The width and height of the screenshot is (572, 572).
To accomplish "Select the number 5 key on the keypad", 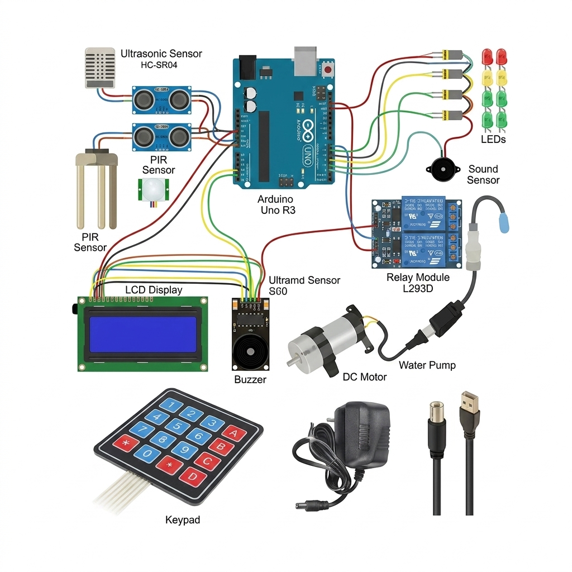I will coord(177,427).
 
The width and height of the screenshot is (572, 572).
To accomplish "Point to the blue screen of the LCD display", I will coord(142,335).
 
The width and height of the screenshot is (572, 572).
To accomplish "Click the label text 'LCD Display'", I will coord(154,290).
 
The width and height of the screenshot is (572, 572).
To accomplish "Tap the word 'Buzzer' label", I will coord(250,380).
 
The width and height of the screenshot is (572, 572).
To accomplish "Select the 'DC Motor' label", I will coord(364,377).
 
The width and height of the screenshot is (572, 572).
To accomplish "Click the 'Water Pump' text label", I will coord(427,365).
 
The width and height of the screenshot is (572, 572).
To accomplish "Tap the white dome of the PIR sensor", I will coord(151,191).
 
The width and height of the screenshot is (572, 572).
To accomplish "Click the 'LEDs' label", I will coord(493,139).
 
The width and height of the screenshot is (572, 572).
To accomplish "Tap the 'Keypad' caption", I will coord(183,520).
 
